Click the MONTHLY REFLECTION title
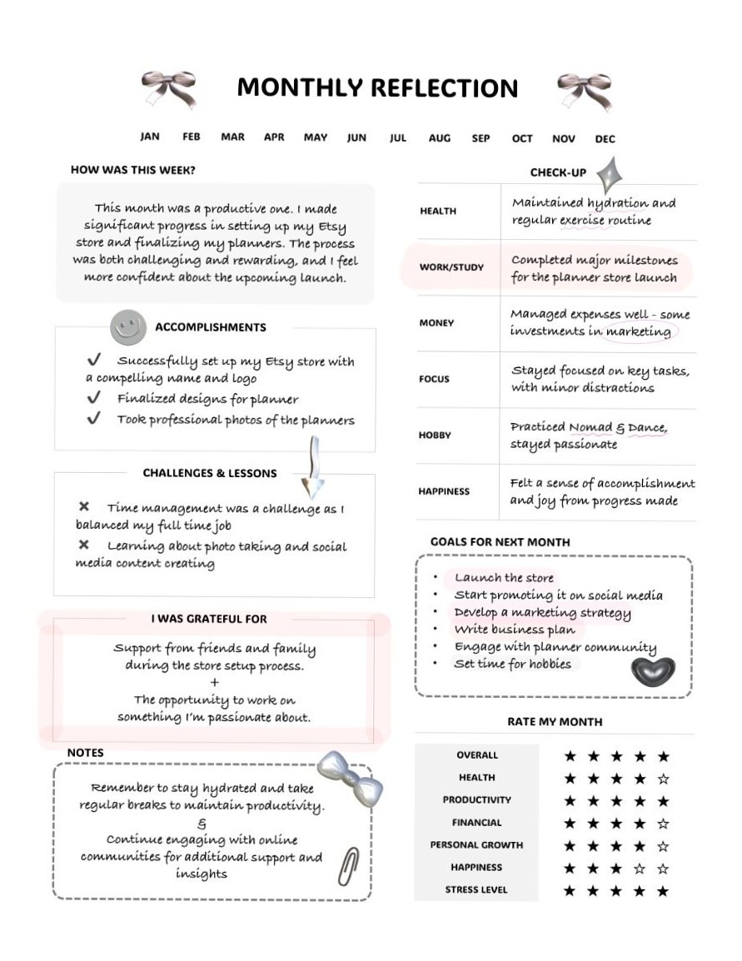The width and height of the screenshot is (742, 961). point(377,87)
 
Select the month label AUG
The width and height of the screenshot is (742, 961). point(440,138)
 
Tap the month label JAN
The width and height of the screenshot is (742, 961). point(150,137)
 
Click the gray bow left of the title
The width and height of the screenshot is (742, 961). point(170,87)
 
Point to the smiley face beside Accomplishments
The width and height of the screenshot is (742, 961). point(127,326)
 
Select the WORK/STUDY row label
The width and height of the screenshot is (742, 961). point(451,267)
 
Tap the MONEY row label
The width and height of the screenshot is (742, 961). point(436,323)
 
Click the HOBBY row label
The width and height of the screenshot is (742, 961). point(435,435)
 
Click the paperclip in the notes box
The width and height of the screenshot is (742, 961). point(348,866)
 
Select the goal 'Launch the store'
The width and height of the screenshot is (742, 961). point(504,578)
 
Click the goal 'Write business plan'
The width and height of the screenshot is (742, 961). point(515,630)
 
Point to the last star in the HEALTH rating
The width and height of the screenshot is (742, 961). point(663,779)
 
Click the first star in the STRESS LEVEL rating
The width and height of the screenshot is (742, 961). point(570,891)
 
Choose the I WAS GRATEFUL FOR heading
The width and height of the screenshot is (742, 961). point(209,619)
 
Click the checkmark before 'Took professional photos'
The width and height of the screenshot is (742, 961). point(94,419)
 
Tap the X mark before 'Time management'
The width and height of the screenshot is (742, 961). point(84,506)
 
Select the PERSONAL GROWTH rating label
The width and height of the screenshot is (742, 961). point(476,844)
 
